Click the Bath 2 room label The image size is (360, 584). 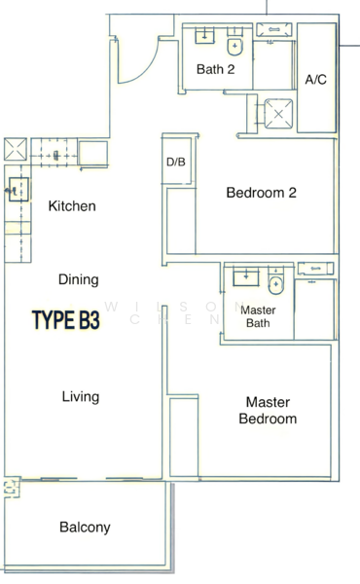pyautogui.click(x=216, y=69)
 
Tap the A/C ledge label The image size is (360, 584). pyautogui.click(x=315, y=79)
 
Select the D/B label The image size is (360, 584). pyautogui.click(x=176, y=162)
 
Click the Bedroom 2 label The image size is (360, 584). pyautogui.click(x=261, y=193)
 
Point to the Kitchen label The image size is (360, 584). pyautogui.click(x=72, y=206)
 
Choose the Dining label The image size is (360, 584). pyautogui.click(x=78, y=280)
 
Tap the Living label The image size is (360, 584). pyautogui.click(x=80, y=397)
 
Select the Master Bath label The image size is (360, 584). pyautogui.click(x=258, y=316)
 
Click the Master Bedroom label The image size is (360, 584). pyautogui.click(x=270, y=410)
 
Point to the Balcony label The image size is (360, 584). pyautogui.click(x=85, y=528)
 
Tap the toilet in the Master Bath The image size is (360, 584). pyautogui.click(x=275, y=286)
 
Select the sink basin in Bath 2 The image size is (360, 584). pyautogui.click(x=206, y=37)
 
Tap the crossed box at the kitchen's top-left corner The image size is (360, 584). pyautogui.click(x=18, y=152)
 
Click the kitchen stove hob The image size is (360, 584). pyautogui.click(x=56, y=153)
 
